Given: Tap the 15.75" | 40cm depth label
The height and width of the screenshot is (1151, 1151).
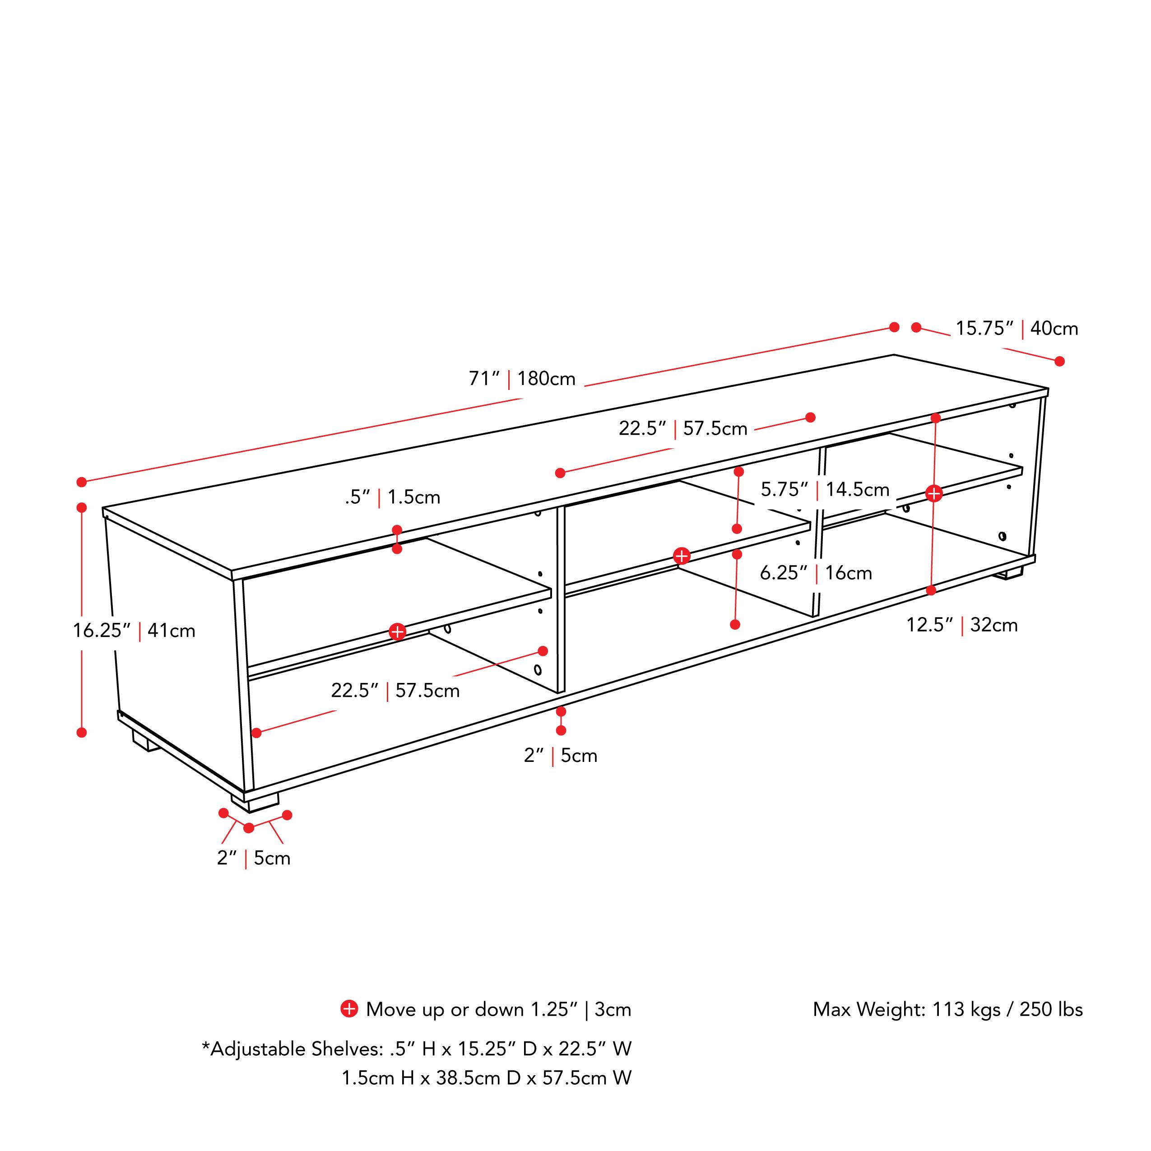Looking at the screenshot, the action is tap(1017, 328).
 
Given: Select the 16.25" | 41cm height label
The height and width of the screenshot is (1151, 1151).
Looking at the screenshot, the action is tap(134, 630).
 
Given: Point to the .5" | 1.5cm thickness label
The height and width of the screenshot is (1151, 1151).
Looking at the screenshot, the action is tap(393, 497).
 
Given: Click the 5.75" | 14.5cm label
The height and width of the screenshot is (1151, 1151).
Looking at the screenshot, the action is tap(825, 490).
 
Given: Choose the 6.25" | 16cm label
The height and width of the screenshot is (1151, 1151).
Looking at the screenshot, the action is tap(816, 573).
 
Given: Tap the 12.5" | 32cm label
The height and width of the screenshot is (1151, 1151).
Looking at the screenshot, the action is tap(961, 625).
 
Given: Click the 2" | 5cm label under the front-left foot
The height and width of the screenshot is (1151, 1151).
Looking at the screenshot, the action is tap(254, 859).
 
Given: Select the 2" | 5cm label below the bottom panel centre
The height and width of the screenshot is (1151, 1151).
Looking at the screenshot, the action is tap(561, 756).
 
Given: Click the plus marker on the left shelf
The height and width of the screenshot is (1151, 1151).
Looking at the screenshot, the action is tap(397, 631).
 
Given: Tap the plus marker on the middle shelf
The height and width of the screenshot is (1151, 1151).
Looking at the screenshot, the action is tap(682, 556).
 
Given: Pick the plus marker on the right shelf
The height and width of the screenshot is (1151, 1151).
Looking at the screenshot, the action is tap(933, 493).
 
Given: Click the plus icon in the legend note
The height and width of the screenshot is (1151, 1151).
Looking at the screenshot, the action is tap(349, 1009).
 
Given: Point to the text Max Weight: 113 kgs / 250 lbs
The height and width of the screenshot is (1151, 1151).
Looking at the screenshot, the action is tap(948, 1009).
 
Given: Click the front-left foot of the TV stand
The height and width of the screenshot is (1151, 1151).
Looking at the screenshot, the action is tap(255, 802).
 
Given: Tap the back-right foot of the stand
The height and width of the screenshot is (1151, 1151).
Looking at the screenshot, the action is tap(1011, 574).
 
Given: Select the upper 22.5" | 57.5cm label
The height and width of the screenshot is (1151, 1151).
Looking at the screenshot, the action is tap(683, 428).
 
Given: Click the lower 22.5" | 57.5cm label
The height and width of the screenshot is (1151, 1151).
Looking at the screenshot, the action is tap(395, 691).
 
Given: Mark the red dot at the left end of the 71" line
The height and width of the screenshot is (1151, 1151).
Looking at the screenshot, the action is tap(82, 482).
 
